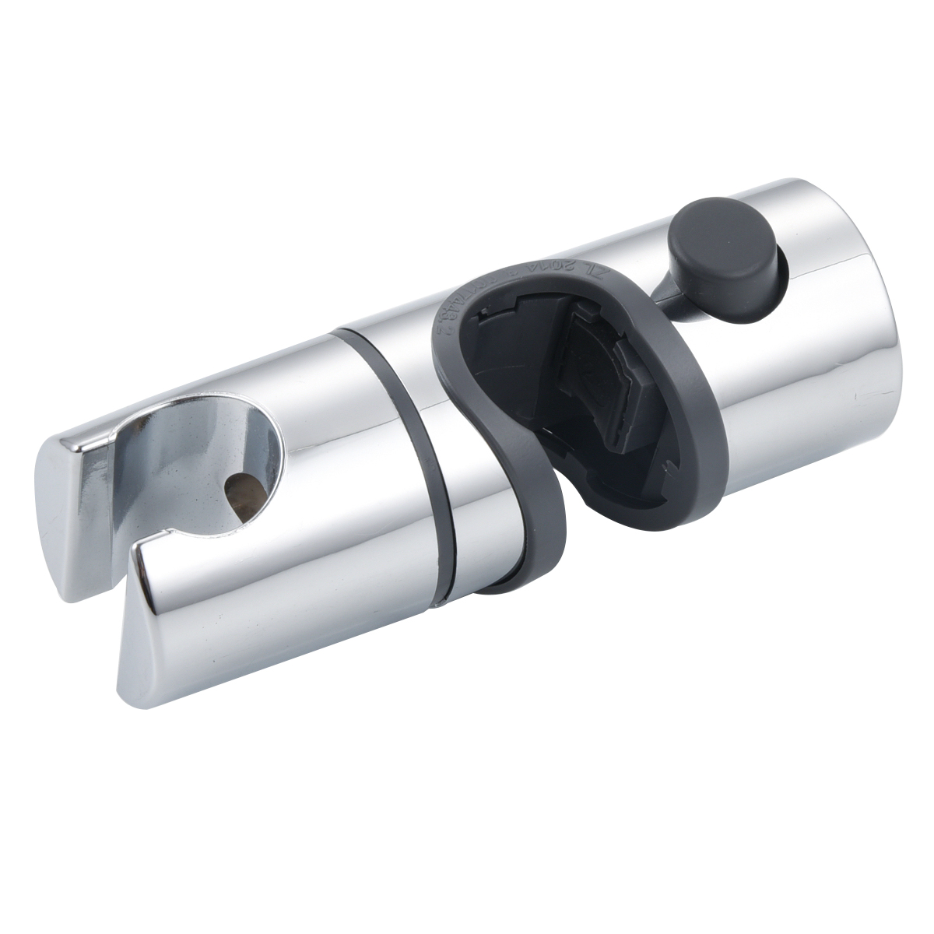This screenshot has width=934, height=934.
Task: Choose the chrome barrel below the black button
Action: [x=778, y=389]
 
